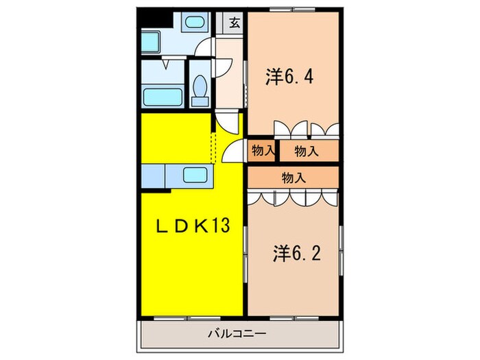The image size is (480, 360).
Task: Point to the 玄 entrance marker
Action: (x=234, y=23)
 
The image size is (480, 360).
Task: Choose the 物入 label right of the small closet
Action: (x=307, y=150)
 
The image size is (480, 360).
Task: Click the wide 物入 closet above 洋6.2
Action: (x=293, y=178)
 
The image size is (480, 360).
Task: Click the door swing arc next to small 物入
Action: (x=233, y=152)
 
